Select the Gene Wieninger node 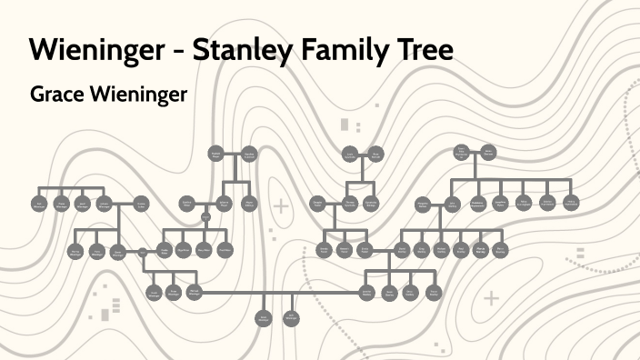click(117, 252)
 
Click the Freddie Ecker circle click(164, 250)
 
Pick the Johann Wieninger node click(104, 203)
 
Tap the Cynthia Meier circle click(186, 203)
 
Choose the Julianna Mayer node click(224, 203)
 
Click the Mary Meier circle click(204, 250)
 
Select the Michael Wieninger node click(194, 292)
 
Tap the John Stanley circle click(452, 203)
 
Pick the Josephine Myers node click(500, 203)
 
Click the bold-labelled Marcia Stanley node click(480, 250)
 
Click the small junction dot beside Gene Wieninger click(143, 252)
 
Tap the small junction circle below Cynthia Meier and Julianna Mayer click(205, 216)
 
